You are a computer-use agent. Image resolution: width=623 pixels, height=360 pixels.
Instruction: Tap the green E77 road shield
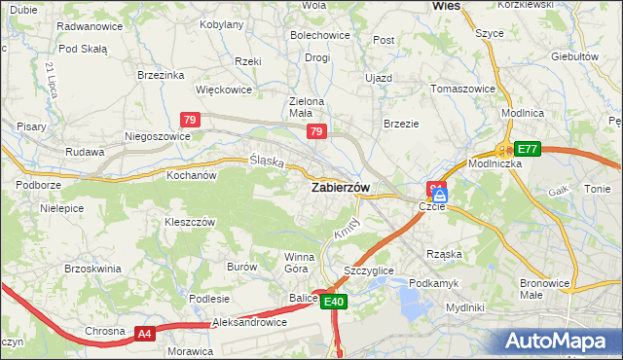click(x=528, y=149)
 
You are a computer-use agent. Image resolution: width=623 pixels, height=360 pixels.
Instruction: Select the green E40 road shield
click(x=334, y=303)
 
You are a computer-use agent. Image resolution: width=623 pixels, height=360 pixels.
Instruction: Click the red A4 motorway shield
click(x=145, y=334)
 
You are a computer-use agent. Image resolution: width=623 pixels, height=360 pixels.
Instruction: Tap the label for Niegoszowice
click(x=157, y=137)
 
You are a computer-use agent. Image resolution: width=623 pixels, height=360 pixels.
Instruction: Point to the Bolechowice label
click(x=319, y=35)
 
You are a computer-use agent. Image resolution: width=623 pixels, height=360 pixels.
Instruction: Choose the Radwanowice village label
click(x=90, y=26)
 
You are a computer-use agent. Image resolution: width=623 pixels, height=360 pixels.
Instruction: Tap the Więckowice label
click(x=224, y=90)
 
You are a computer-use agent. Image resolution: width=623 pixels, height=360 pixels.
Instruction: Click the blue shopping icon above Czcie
click(x=438, y=195)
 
